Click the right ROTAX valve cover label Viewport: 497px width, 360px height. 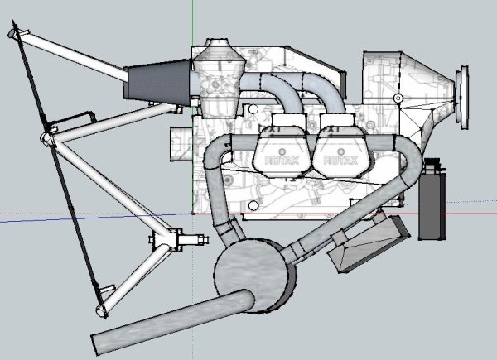coord(340,161)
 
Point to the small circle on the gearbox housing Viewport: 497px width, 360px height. coord(398,98)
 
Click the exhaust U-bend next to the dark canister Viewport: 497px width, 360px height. coord(405,170)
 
